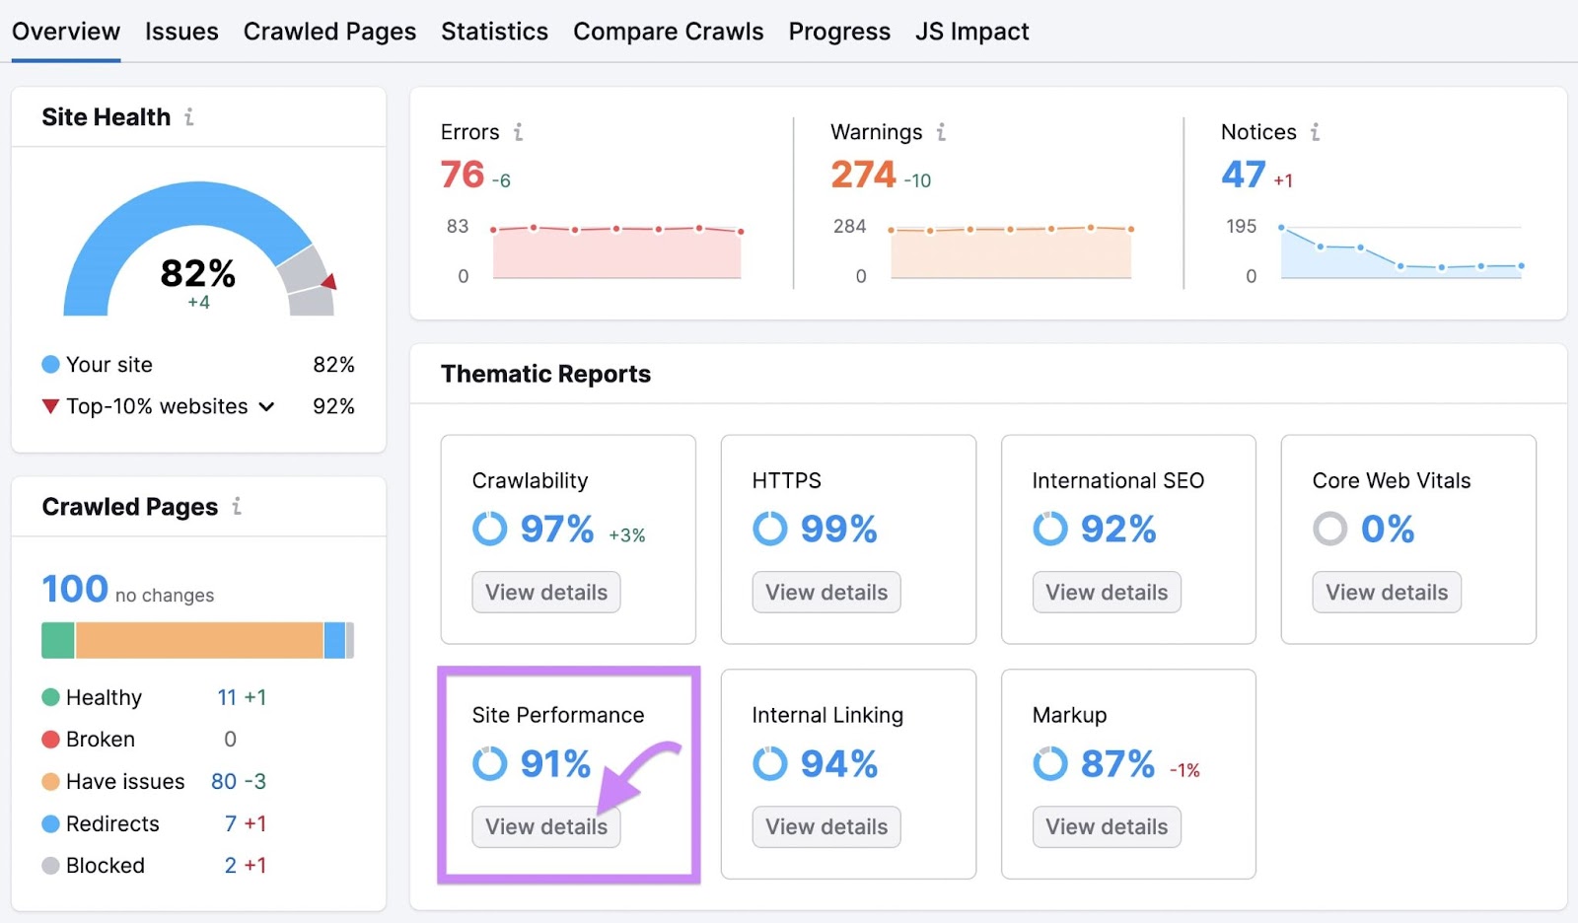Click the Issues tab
(x=181, y=32)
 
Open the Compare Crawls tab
(x=668, y=32)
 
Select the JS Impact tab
(x=971, y=32)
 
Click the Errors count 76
(x=463, y=175)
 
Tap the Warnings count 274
(x=863, y=175)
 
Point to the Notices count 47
(x=1243, y=175)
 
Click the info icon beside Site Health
(x=189, y=116)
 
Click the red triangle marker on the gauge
(x=329, y=282)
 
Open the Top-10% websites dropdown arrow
(x=266, y=406)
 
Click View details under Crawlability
(x=546, y=593)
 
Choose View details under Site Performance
(x=546, y=827)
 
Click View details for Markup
(x=1107, y=827)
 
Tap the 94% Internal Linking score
(x=838, y=764)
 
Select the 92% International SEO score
(x=1117, y=530)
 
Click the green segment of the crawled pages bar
(x=58, y=640)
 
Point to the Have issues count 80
(x=224, y=782)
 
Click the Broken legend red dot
(x=51, y=740)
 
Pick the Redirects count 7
(x=231, y=823)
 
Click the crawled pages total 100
(x=75, y=590)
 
